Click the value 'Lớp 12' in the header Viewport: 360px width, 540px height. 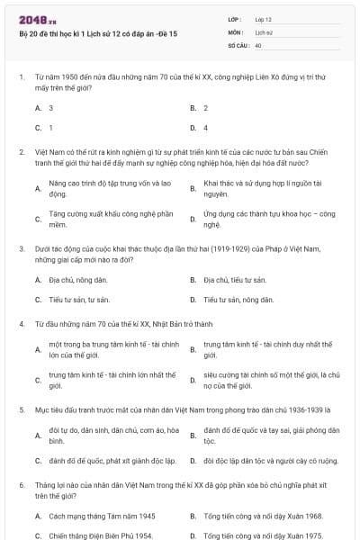[x=264, y=18]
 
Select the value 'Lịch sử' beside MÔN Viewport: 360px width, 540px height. [x=263, y=31]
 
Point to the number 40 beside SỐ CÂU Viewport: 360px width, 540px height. [x=258, y=44]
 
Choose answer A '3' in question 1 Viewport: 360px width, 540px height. [x=50, y=108]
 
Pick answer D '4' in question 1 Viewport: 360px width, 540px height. [x=205, y=128]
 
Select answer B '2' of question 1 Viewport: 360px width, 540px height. [x=205, y=108]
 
